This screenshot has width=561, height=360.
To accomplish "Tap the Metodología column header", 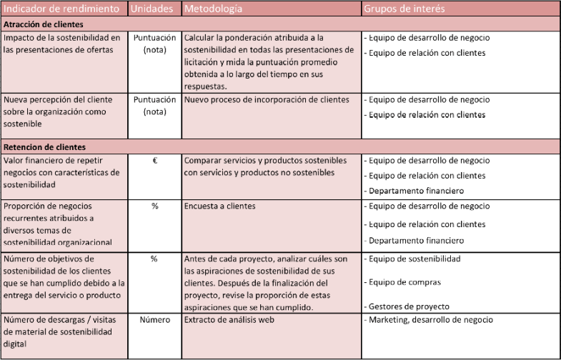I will (213, 9).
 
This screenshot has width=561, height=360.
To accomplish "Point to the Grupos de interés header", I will (404, 9).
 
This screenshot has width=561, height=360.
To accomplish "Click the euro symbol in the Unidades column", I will (154, 161).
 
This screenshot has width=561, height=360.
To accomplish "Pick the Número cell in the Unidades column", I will (154, 320).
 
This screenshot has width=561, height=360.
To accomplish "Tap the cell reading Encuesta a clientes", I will (219, 206).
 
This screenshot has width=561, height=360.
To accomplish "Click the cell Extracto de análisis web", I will (229, 320).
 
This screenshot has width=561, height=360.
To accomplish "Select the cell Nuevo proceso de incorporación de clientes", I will (267, 100).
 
